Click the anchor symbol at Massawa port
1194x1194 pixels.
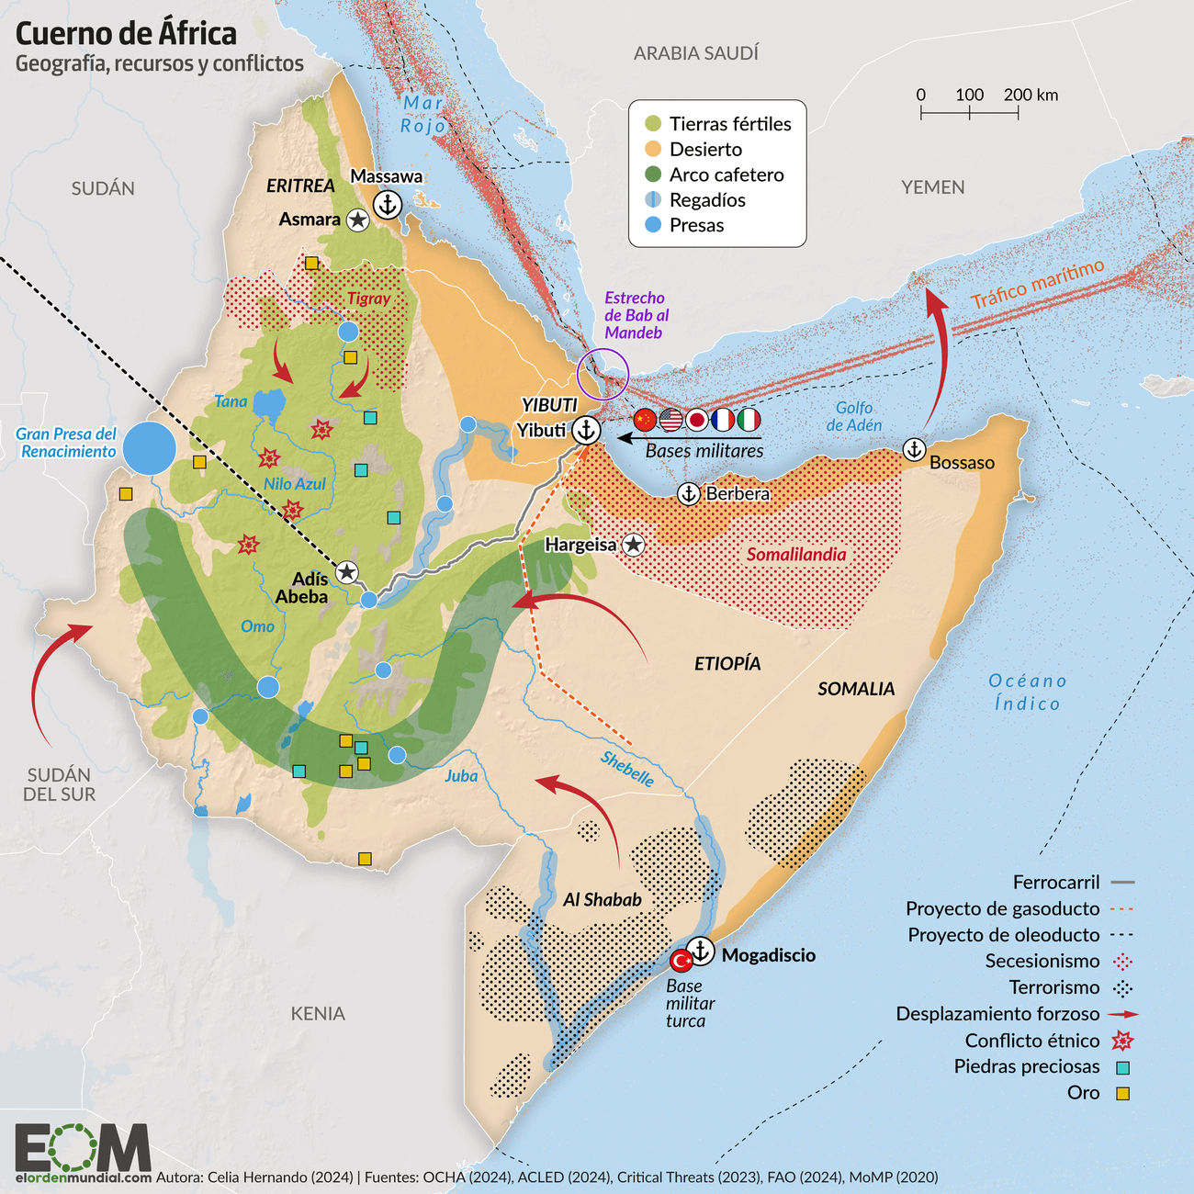pyautogui.click(x=388, y=205)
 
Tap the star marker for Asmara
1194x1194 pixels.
pyautogui.click(x=358, y=220)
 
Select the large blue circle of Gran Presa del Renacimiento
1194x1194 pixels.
pyautogui.click(x=149, y=448)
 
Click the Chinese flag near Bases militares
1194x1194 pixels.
pyautogui.click(x=646, y=421)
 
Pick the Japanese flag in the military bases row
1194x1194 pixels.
pyautogui.click(x=697, y=421)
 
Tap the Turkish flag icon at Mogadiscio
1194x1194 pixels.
pyautogui.click(x=681, y=961)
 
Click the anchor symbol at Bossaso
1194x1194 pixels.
pyautogui.click(x=914, y=449)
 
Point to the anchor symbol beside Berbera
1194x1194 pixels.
pyautogui.click(x=689, y=494)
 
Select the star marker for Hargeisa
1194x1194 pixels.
pyautogui.click(x=633, y=545)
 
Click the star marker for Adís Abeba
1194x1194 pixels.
pyautogui.click(x=346, y=572)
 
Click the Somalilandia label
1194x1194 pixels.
pyautogui.click(x=796, y=555)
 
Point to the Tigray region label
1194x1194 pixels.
pyautogui.click(x=368, y=298)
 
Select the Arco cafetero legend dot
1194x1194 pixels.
pyautogui.click(x=653, y=175)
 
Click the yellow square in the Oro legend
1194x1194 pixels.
pyautogui.click(x=1121, y=1094)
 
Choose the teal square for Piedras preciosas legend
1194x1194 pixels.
pyautogui.click(x=1121, y=1067)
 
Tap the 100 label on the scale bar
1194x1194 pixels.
pyautogui.click(x=969, y=95)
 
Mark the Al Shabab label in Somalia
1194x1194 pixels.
pyautogui.click(x=603, y=900)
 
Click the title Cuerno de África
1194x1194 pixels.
pyautogui.click(x=126, y=33)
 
